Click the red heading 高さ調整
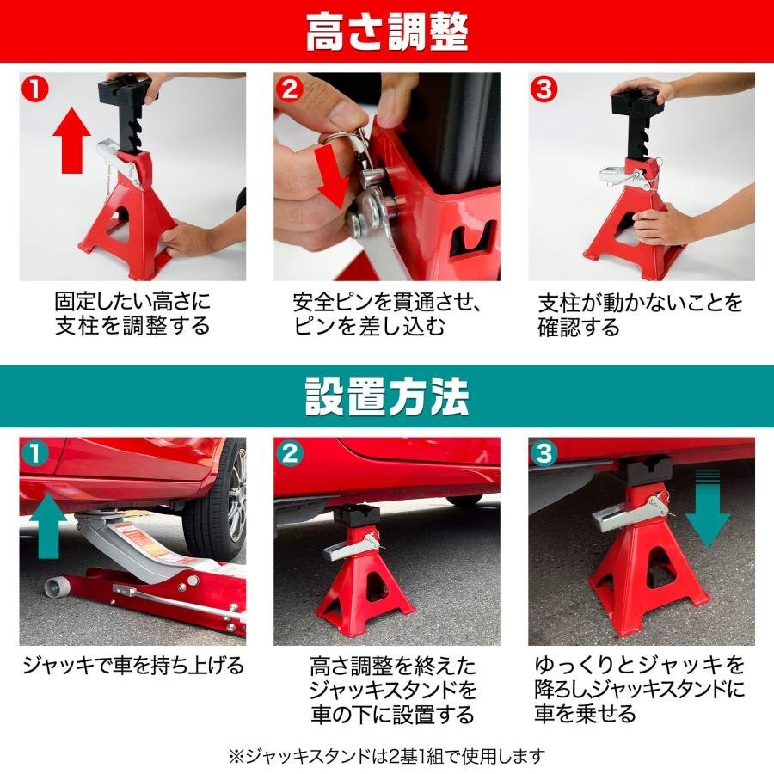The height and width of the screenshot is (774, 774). tap(386, 33)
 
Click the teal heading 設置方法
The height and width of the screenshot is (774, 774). tap(386, 396)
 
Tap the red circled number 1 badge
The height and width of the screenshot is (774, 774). tap(35, 89)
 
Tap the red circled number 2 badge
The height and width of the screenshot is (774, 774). tap(290, 89)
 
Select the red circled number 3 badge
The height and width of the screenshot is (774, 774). tap(544, 89)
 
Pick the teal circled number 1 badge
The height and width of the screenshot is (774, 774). tap(35, 453)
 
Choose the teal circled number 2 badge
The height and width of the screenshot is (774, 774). tap(290, 453)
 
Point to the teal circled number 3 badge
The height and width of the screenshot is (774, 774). tap(544, 453)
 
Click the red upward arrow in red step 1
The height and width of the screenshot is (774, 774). tap(72, 140)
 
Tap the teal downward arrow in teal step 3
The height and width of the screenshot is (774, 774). tap(708, 508)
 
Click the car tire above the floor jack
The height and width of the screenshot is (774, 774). tap(218, 502)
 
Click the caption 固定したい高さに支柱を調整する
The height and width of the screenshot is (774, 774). tap(132, 313)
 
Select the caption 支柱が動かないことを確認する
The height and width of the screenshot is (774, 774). tap(640, 314)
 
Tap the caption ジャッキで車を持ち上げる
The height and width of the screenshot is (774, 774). tap(133, 666)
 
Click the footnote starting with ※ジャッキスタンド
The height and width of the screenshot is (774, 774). tap(386, 755)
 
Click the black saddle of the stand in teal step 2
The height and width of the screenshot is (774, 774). tap(356, 516)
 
